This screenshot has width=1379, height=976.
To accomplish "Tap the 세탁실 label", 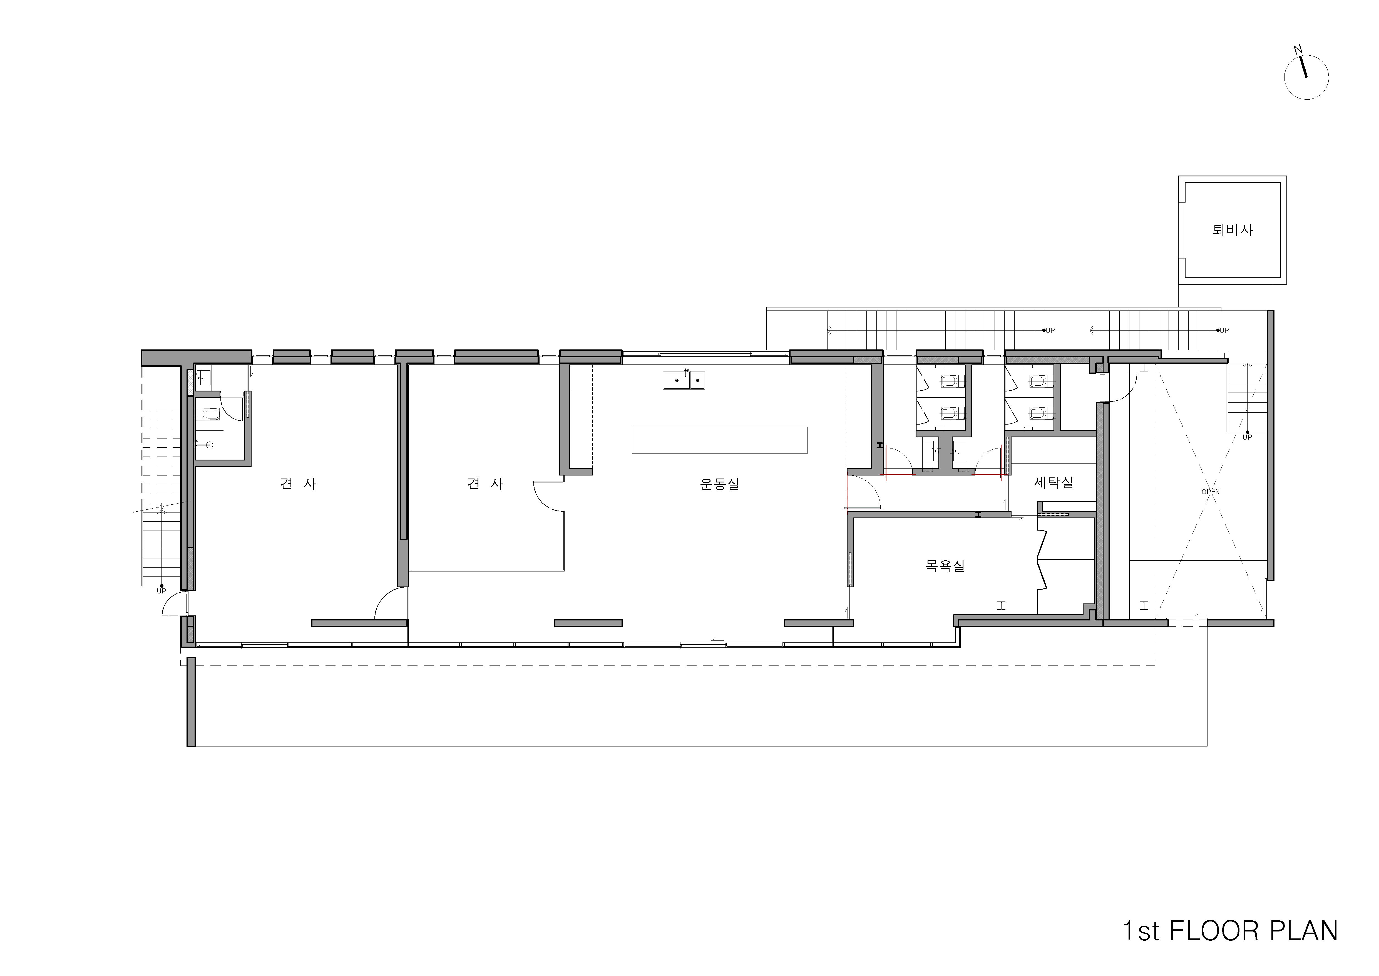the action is [1053, 482].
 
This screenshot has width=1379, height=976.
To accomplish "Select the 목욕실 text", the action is [945, 566].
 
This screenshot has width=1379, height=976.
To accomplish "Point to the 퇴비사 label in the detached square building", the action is [1233, 230].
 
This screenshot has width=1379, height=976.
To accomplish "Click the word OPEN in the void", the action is [1210, 492].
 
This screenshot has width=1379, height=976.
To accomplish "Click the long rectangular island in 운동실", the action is [720, 440].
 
